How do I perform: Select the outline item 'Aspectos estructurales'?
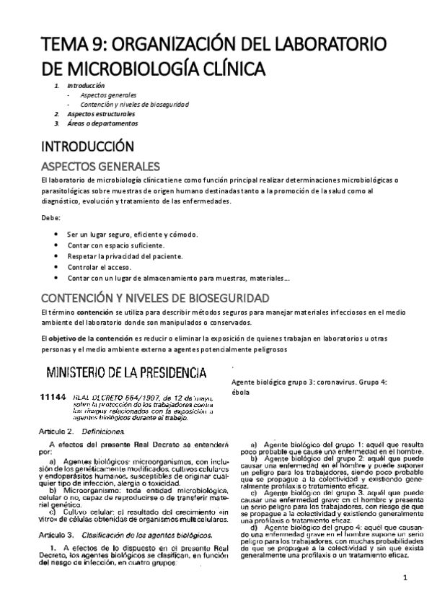101,114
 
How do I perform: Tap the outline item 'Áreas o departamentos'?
101,123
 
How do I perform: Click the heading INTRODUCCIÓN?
88,144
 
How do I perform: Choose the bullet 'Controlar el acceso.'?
102,267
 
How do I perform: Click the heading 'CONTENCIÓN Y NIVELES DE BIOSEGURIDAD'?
156,297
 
